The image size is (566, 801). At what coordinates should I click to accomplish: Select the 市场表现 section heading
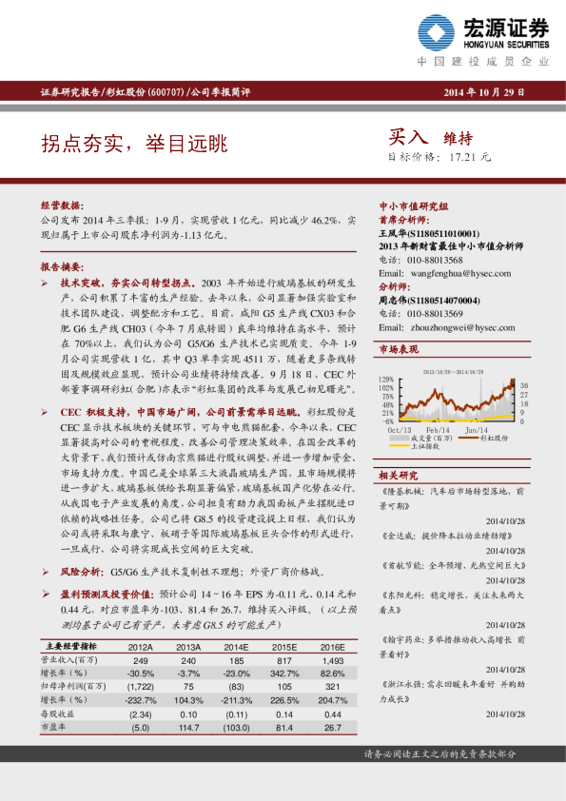pyautogui.click(x=399, y=351)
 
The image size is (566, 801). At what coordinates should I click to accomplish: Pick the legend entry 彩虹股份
pyautogui.click(x=493, y=438)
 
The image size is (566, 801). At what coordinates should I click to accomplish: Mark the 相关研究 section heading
pyautogui.click(x=399, y=474)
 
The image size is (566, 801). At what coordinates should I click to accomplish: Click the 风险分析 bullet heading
pyautogui.click(x=85, y=573)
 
